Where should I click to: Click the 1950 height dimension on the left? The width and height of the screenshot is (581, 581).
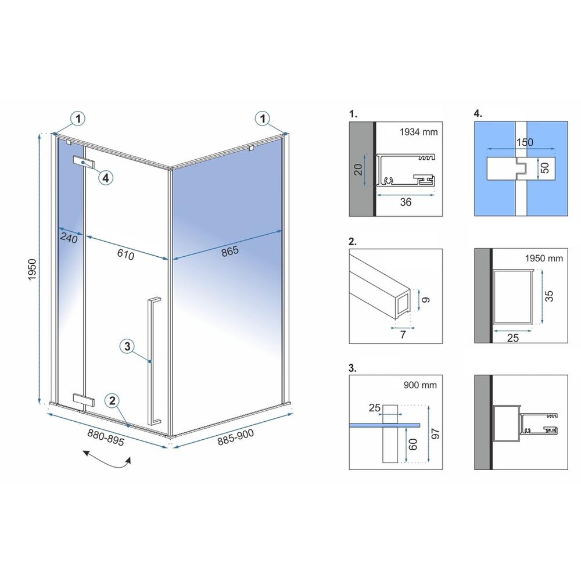[x=33, y=268]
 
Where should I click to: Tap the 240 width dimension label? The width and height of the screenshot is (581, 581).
[x=69, y=238]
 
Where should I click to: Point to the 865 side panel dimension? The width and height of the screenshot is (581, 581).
[x=230, y=250]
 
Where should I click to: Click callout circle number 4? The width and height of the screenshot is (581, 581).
[x=105, y=178]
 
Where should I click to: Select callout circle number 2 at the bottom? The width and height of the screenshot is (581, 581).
[x=113, y=400]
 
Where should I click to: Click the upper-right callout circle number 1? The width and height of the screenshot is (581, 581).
[x=264, y=119]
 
